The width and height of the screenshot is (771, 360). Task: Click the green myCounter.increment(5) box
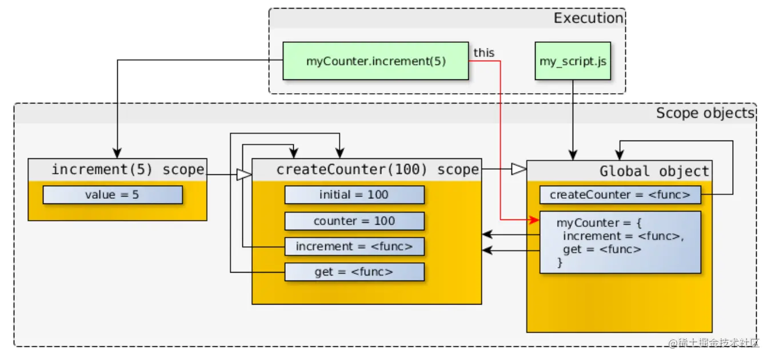coord(375,61)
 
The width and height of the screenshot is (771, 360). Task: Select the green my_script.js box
coord(573,61)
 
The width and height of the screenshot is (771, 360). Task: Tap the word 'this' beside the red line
coord(484,53)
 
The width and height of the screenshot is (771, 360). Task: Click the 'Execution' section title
coord(588,18)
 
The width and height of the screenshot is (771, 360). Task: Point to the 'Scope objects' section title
coord(705,113)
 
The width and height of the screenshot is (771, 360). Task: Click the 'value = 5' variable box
coord(113,195)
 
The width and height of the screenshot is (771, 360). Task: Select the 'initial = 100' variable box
coord(354,195)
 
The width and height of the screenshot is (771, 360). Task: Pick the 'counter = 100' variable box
coord(354,221)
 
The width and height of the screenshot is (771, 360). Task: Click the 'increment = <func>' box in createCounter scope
coord(354,247)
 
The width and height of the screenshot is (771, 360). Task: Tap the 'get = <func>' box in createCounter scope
coord(354,272)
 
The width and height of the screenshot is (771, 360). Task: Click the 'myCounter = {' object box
coord(620,242)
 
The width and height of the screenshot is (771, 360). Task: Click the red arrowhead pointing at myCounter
coord(534,219)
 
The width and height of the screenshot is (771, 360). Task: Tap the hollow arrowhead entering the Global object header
coord(518,169)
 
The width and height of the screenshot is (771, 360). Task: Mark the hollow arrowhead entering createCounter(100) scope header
coord(244,174)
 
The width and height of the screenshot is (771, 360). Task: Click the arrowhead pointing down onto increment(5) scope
coord(117,154)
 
